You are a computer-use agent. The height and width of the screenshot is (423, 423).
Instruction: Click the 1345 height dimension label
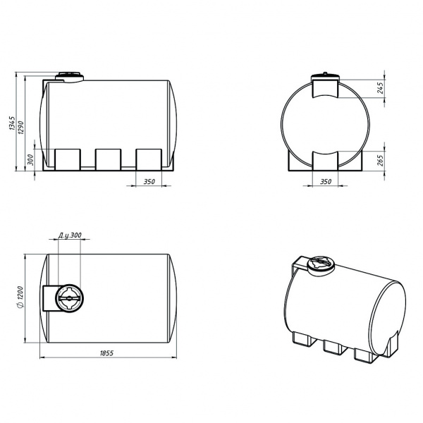[x=13, y=123]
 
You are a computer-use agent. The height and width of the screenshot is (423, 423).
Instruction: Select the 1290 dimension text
[x=21, y=128]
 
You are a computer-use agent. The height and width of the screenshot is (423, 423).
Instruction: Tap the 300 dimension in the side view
[x=30, y=160]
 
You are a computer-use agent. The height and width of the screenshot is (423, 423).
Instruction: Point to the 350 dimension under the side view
[x=149, y=182]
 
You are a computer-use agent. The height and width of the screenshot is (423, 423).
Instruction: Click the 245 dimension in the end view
[x=381, y=87]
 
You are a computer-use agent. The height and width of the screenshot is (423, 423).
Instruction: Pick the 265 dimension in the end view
[x=381, y=160]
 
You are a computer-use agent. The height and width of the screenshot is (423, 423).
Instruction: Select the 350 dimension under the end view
[x=326, y=182]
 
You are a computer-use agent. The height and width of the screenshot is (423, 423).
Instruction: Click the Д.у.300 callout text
[x=70, y=235]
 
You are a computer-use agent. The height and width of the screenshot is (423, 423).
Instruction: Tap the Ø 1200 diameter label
[x=20, y=297]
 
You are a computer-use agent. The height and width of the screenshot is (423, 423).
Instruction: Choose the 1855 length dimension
[x=107, y=353]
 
